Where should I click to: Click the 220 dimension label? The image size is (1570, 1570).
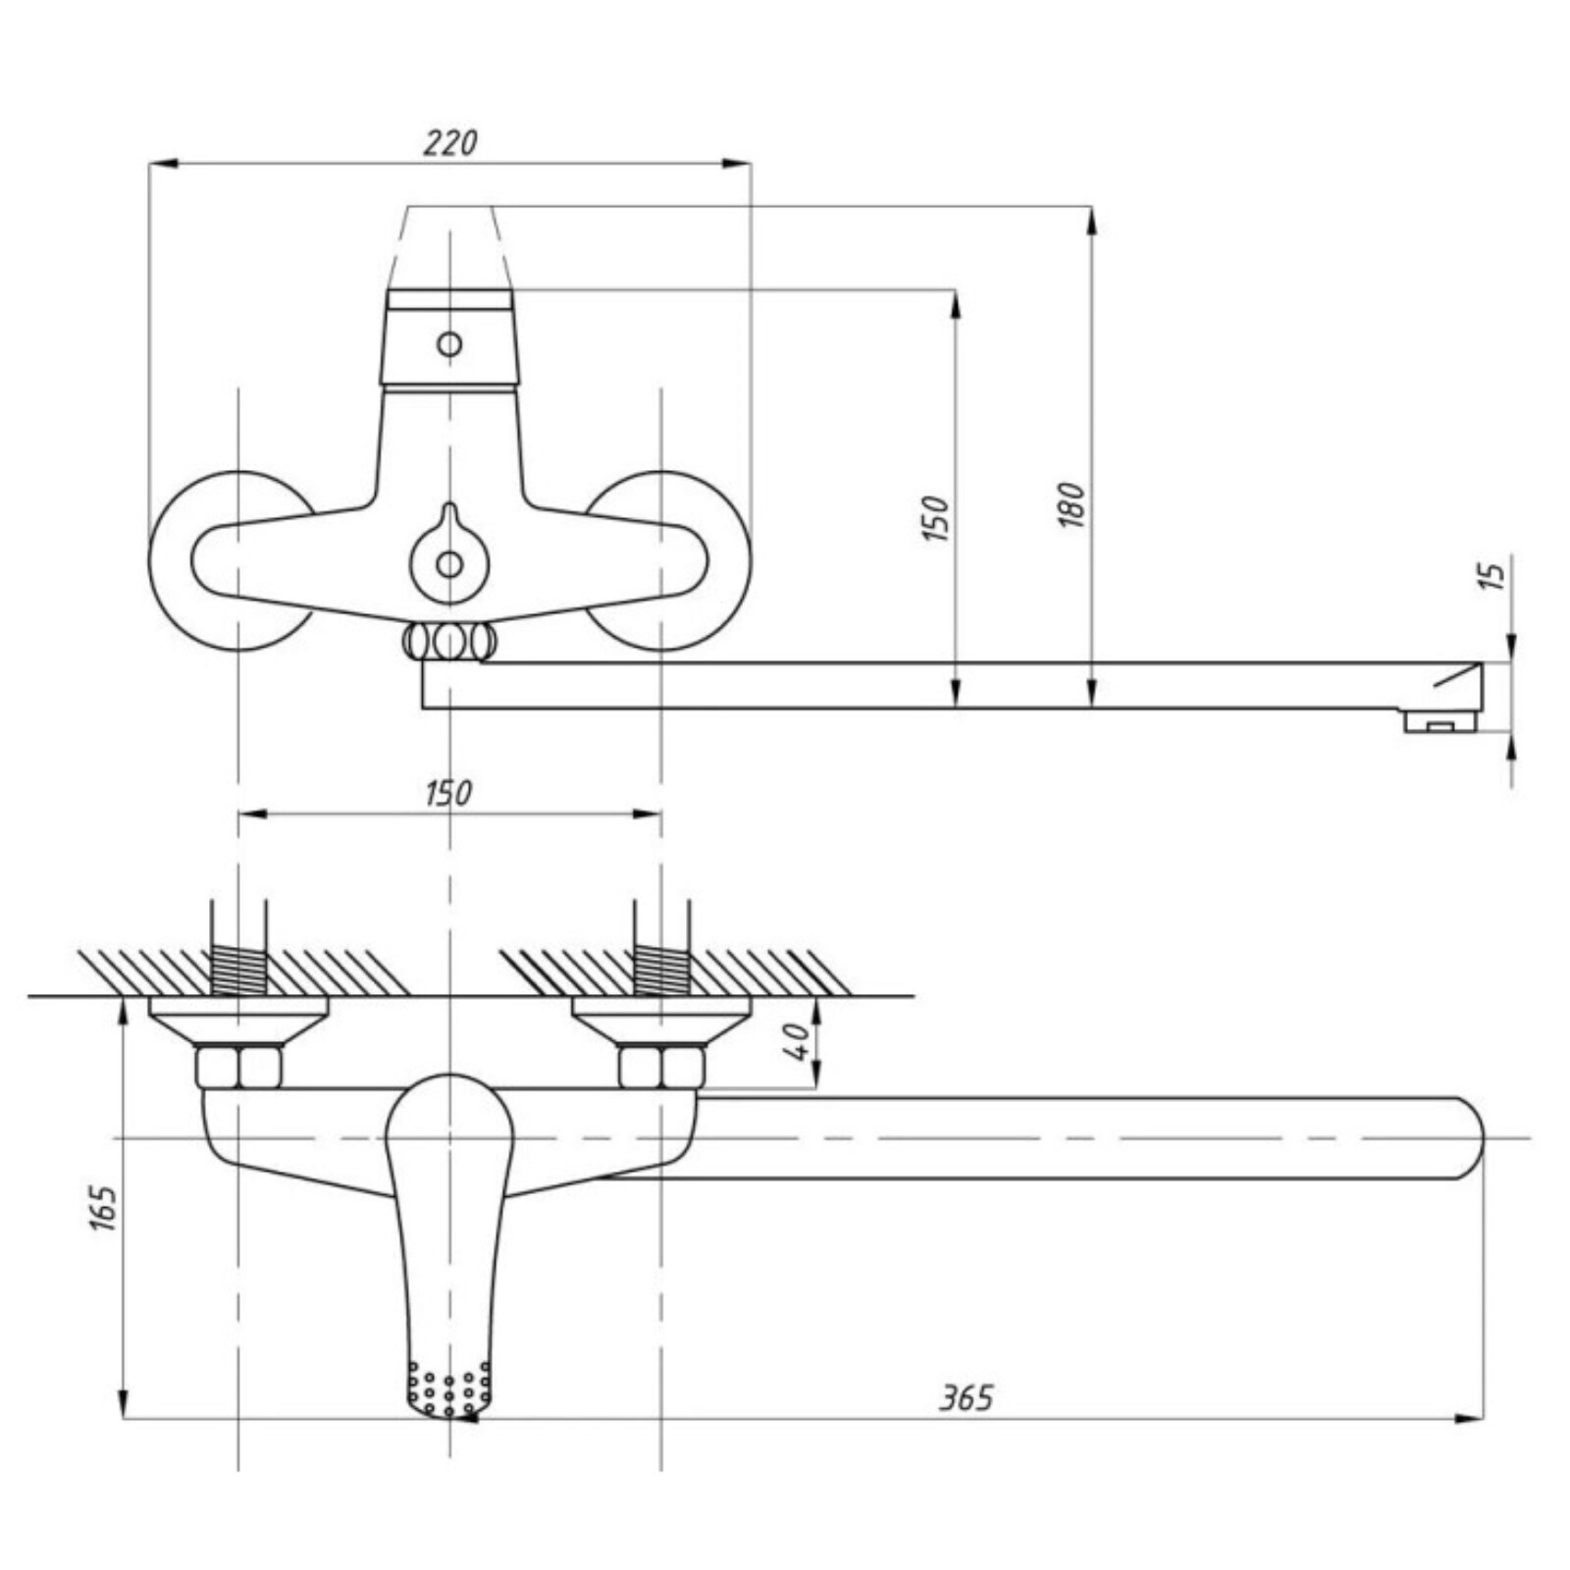tap(450, 143)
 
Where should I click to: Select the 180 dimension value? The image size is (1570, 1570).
tap(1073, 505)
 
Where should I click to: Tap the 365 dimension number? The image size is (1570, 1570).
tap(967, 1397)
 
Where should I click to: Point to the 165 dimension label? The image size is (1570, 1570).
tap(103, 1209)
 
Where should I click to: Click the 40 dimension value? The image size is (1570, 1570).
tap(798, 1041)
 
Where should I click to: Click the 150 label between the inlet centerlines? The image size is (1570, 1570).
tap(448, 792)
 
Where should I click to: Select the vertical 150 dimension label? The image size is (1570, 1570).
tap(936, 518)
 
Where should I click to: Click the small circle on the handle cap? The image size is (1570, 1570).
tap(449, 344)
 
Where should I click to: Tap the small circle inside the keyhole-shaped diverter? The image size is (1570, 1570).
tap(449, 564)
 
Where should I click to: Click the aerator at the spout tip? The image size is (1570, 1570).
tap(1440, 721)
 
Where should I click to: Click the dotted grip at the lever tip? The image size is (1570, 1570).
tap(448, 1387)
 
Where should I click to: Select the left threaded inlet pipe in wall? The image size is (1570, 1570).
tap(238, 948)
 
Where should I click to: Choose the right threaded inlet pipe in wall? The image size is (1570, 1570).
tap(662, 948)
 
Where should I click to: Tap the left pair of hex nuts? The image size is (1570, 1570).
tap(238, 1067)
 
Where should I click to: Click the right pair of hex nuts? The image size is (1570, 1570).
tap(662, 1067)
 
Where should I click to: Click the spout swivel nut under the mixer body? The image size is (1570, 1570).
tap(449, 642)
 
